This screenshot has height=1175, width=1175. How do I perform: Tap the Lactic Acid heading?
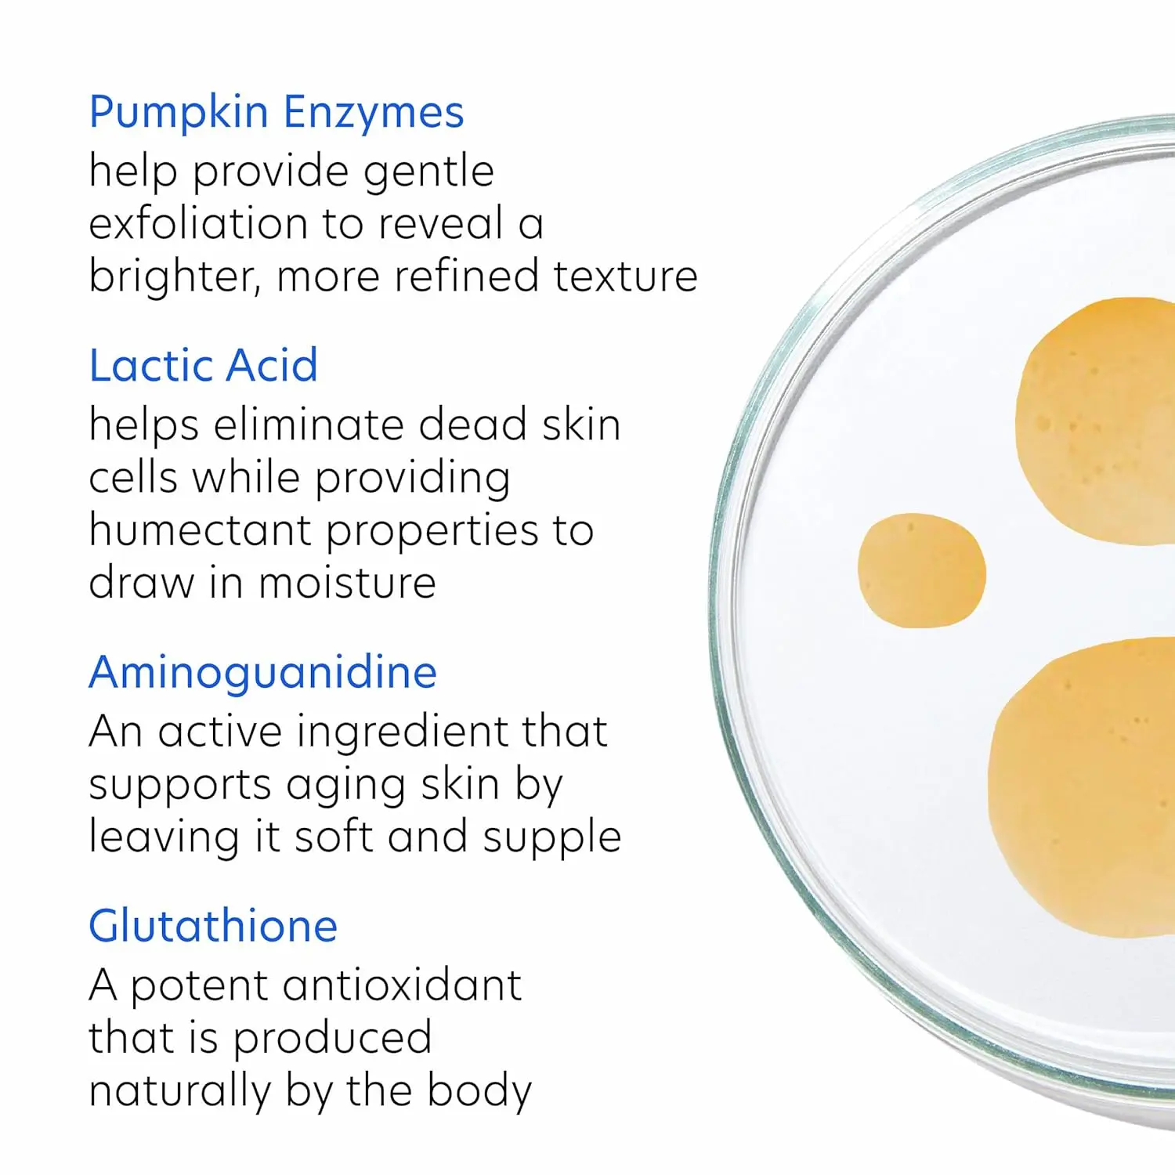tap(204, 365)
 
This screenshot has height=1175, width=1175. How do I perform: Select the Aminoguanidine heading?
tap(263, 673)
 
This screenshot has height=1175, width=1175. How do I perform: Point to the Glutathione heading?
tap(213, 926)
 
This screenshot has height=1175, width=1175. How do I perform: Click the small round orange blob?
tap(921, 570)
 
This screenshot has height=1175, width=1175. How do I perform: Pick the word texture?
tap(625, 277)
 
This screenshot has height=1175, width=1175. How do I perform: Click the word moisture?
tap(347, 583)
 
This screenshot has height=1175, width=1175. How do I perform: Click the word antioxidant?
tap(402, 985)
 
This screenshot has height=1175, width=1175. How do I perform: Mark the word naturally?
tap(179, 1092)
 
